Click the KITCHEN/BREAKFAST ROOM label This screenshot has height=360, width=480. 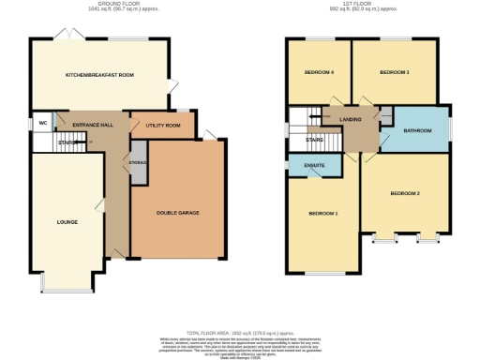[99, 75]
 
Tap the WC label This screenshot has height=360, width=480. [43, 123]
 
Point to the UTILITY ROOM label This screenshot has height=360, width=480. [162, 125]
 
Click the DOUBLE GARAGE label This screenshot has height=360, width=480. [177, 213]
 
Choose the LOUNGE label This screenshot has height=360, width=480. [66, 222]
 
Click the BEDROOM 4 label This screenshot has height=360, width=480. [319, 73]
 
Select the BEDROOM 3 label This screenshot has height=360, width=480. [394, 73]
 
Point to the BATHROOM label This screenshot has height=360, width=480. [418, 131]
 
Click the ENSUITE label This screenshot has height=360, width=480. [316, 166]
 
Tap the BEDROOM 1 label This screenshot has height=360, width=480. [323, 214]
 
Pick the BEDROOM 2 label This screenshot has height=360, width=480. [405, 193]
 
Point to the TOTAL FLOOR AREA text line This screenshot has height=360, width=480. [240, 333]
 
